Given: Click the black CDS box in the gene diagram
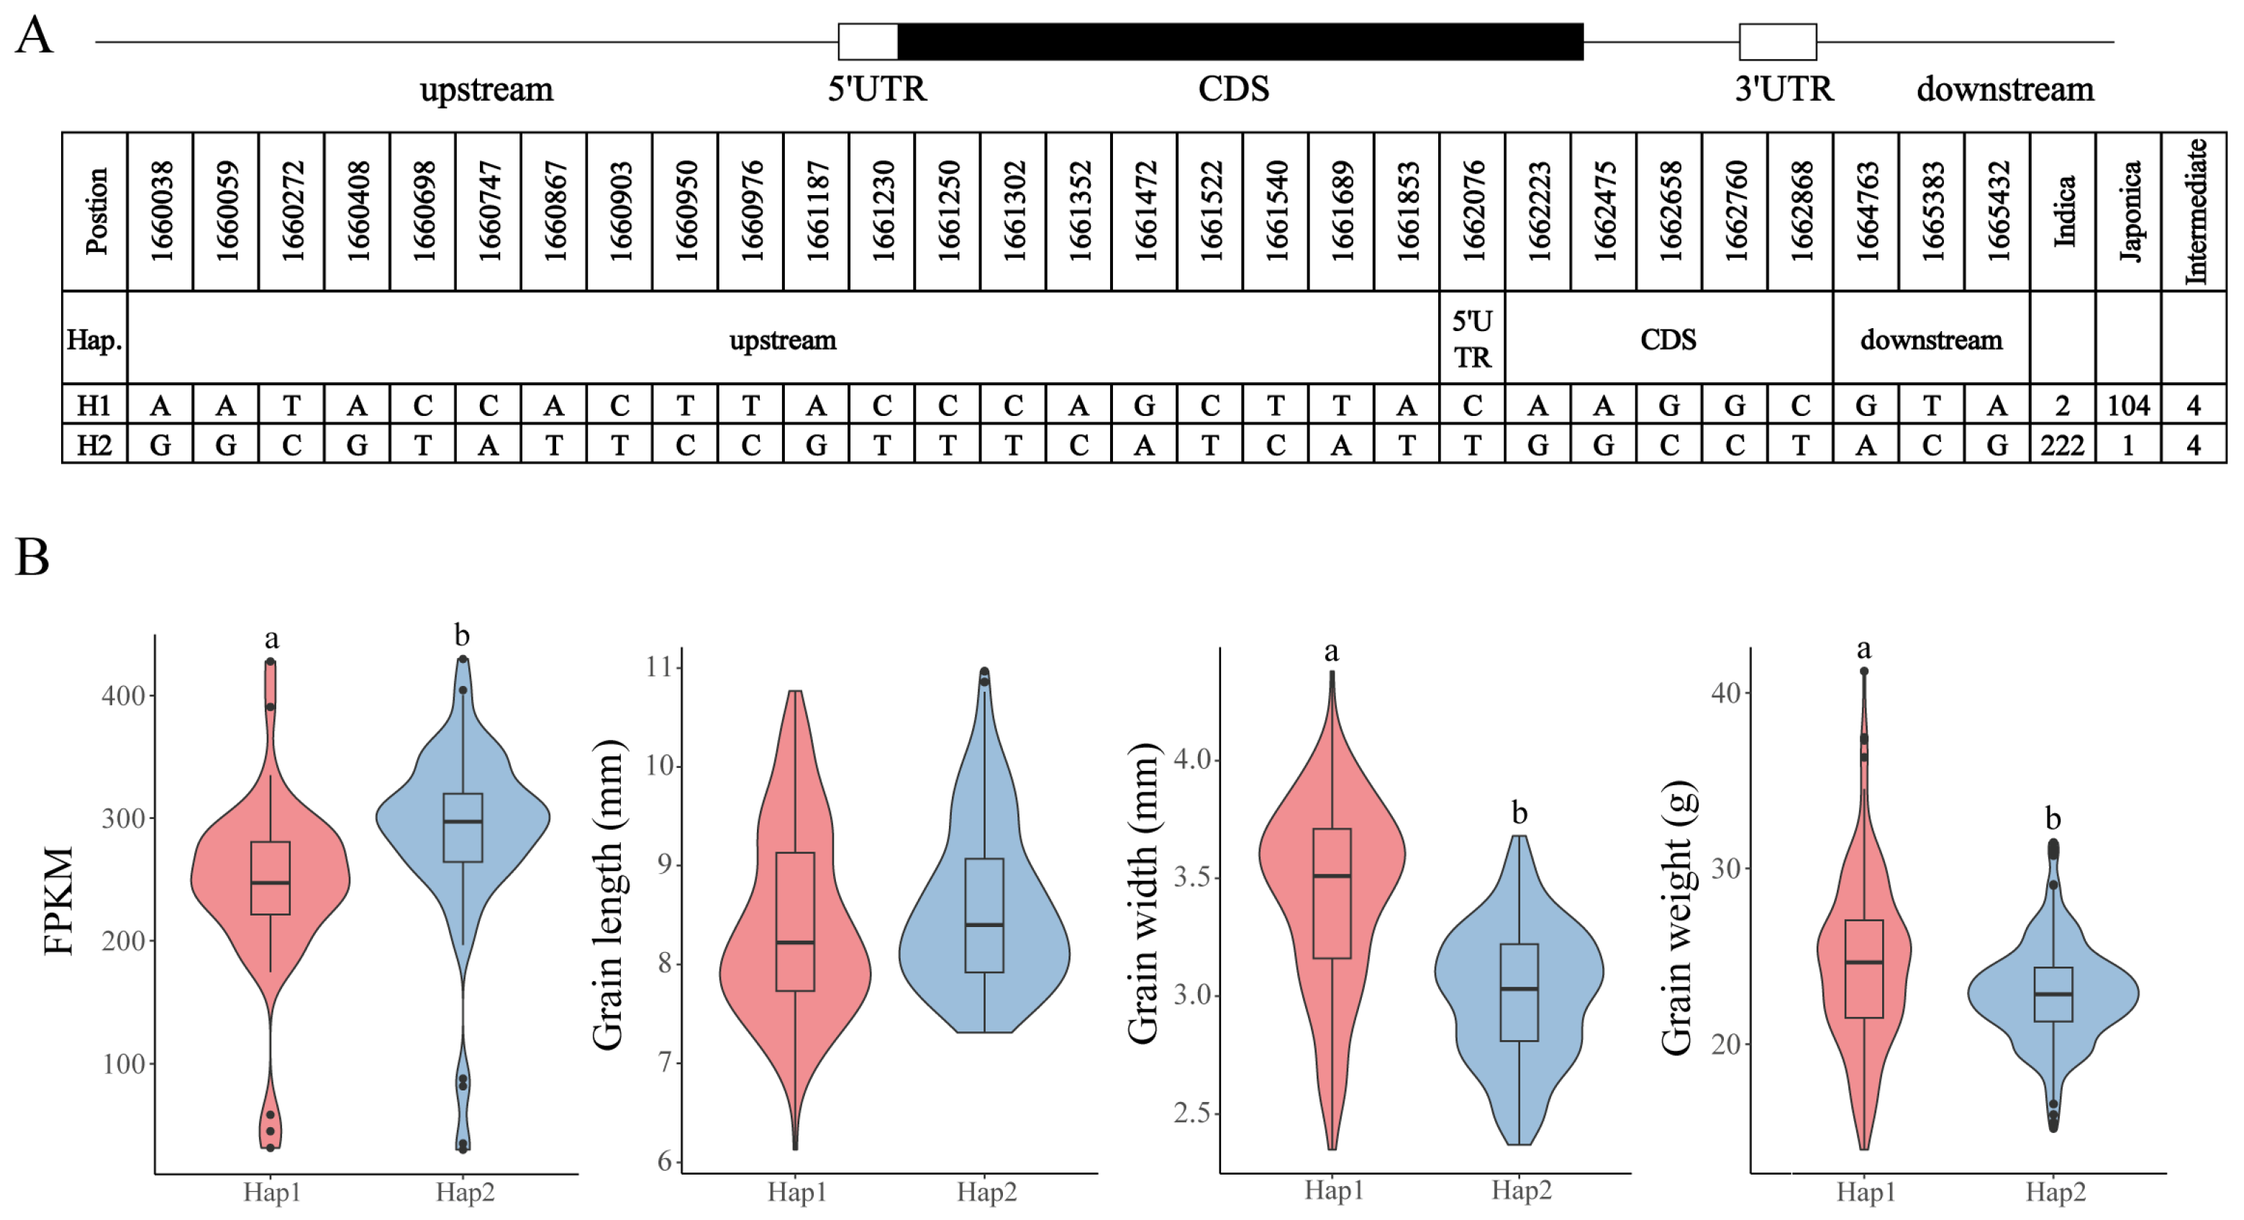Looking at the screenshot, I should tap(1240, 42).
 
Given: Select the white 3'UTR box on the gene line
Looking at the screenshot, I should tap(1777, 42).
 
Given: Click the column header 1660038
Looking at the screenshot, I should tap(161, 211).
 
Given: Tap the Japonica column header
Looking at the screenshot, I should tap(2128, 211).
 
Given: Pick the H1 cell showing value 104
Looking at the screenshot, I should tap(2128, 405).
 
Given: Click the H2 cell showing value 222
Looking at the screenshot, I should tap(2062, 446).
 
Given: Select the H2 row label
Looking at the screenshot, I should tap(94, 446).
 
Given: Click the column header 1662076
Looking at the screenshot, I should tap(1472, 211).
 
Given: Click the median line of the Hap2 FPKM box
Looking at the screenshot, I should tap(463, 821).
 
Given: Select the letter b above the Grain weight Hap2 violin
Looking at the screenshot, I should tap(2053, 818).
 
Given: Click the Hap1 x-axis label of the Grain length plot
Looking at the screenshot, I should tap(796, 1192).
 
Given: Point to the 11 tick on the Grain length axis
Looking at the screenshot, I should tap(660, 667).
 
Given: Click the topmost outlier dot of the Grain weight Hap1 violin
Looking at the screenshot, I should tap(1864, 671).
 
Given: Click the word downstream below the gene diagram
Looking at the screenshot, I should tap(2004, 89).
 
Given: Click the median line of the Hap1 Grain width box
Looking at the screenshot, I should tap(1332, 876).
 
